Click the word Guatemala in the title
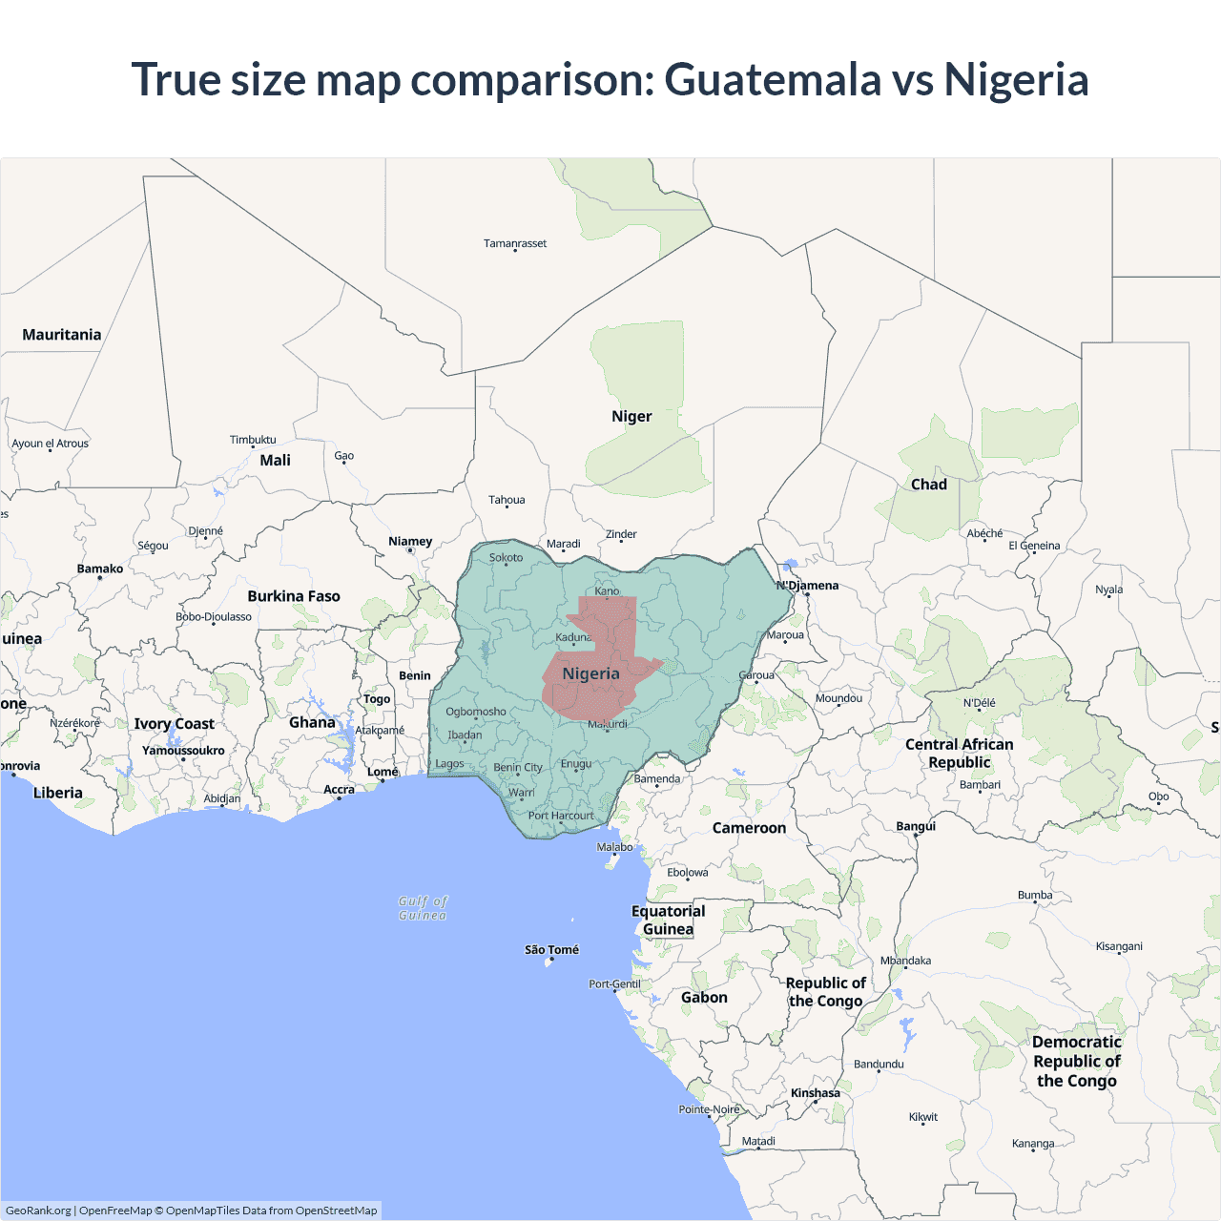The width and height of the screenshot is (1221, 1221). [772, 79]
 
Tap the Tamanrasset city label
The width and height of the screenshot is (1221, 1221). [515, 243]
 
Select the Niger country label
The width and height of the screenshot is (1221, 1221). [631, 416]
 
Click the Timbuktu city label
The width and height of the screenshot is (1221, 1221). [253, 440]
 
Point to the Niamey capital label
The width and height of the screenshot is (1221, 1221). [410, 541]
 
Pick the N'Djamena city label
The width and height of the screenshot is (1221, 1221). [808, 585]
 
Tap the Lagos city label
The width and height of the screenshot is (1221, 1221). [449, 763]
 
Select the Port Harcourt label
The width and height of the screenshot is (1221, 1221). [561, 816]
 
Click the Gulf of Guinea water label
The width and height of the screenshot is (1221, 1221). [423, 907]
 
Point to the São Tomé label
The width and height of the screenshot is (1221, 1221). [551, 949]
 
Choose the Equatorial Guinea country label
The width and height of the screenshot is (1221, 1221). [668, 920]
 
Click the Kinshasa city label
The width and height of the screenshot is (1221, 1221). [816, 1092]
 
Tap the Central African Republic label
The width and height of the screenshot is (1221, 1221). [959, 753]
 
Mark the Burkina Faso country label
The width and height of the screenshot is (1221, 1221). [294, 596]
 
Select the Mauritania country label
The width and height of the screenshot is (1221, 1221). [62, 334]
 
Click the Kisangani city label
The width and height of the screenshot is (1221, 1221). [1119, 946]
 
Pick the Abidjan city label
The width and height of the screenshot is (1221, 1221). [222, 798]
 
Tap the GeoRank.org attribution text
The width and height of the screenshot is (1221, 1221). [38, 1211]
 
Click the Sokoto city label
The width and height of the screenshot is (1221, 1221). [506, 557]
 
